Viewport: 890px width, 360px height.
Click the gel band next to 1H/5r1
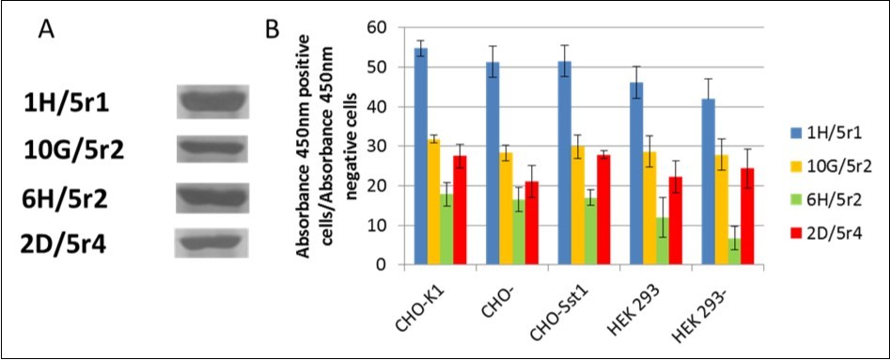pos(213,99)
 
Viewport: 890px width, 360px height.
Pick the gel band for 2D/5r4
pos(213,244)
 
